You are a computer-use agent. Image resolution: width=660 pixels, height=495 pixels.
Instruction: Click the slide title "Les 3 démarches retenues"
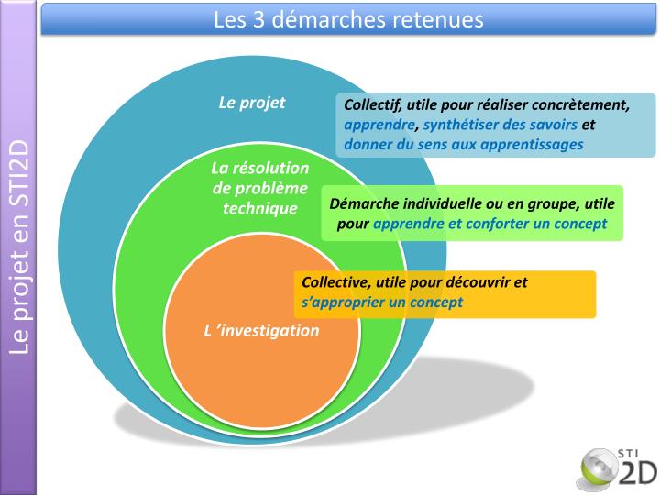coord(347,18)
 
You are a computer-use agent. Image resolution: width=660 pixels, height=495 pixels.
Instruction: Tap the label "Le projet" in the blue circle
coord(252,102)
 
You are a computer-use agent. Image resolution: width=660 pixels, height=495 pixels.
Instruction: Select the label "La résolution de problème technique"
coord(260,188)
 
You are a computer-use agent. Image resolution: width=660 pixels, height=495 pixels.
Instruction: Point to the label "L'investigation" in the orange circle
coord(261,331)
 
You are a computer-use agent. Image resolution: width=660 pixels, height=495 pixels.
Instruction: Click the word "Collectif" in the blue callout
coord(371,104)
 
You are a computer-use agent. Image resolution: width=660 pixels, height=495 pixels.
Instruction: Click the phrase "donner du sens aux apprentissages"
coord(463,144)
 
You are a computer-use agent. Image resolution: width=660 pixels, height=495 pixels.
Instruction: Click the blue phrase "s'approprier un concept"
coord(382,302)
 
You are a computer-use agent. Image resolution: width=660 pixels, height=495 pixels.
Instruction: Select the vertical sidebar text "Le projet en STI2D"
coord(20,247)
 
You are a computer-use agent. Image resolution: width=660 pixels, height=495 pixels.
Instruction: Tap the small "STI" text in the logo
coord(630,450)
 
